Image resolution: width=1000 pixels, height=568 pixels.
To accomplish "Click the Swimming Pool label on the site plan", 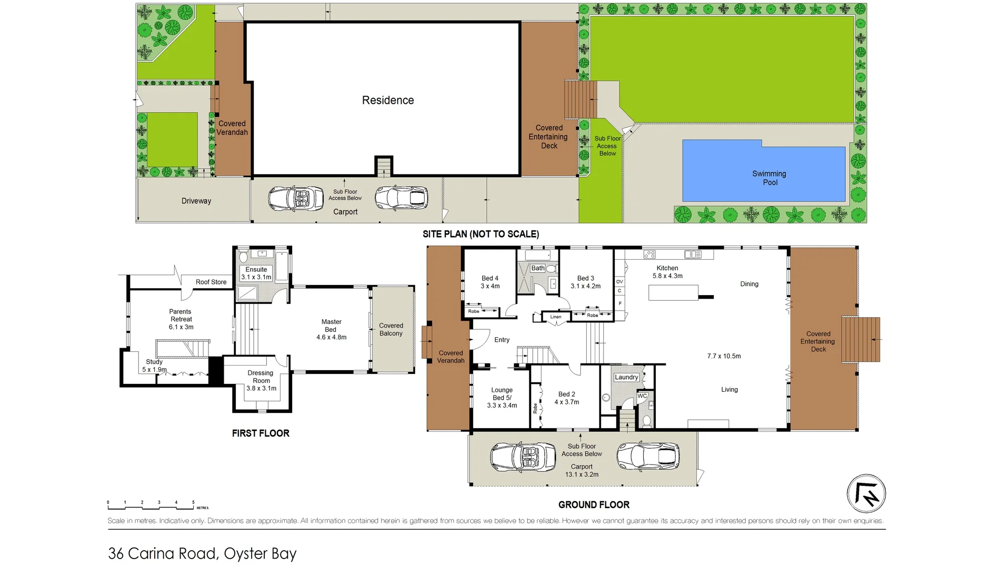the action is [x=769, y=178].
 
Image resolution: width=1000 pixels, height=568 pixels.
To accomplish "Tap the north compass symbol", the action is [x=866, y=494].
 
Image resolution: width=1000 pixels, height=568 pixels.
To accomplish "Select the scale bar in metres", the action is [x=158, y=505].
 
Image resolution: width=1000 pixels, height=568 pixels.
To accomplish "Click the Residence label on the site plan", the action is [x=388, y=100].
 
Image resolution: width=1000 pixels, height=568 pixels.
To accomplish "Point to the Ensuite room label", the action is [x=256, y=273].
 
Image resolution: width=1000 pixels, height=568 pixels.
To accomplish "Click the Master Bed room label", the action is [x=331, y=329].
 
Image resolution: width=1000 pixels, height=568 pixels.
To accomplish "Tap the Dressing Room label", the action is [x=261, y=380].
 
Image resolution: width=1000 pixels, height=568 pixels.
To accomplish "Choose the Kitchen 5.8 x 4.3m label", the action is [x=667, y=272].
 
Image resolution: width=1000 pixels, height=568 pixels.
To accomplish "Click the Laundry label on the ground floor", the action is [x=626, y=377].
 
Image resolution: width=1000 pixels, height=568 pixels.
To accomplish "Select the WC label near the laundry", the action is [x=642, y=396].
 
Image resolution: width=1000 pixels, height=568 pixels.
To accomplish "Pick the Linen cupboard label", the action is [x=556, y=317].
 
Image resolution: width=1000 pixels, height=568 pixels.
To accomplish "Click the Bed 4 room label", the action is [x=490, y=282].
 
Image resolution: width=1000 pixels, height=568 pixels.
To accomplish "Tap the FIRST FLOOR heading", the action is [x=261, y=433].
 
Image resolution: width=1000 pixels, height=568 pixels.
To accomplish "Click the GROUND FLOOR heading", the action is [x=594, y=505].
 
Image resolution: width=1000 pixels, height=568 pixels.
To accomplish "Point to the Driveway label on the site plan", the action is [x=196, y=201].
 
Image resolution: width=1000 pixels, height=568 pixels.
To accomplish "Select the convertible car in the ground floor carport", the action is [x=523, y=457].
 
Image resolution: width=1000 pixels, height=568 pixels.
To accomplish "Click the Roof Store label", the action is [x=211, y=282].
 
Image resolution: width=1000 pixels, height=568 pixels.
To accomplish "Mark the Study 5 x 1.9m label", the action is [x=154, y=366].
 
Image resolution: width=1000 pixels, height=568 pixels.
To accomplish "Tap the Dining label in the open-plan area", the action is [x=749, y=284].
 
